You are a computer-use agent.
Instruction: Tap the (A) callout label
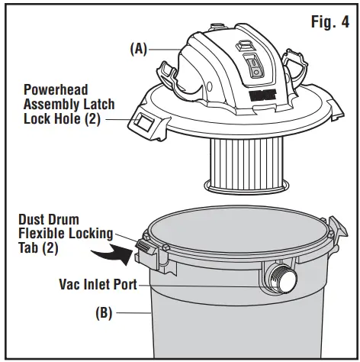(x=139, y=47)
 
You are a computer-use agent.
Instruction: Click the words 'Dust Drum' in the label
(x=46, y=218)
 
